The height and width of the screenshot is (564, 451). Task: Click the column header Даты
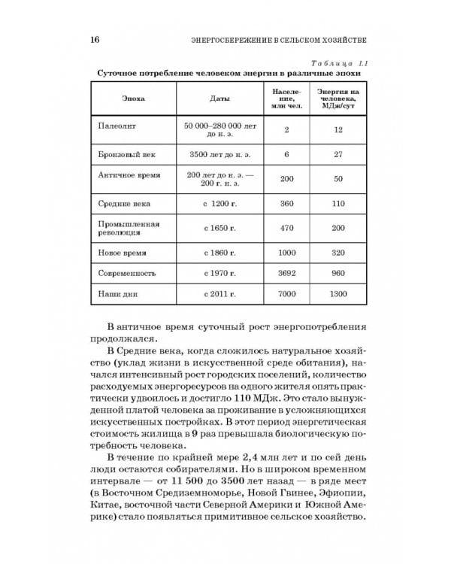[x=219, y=99]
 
